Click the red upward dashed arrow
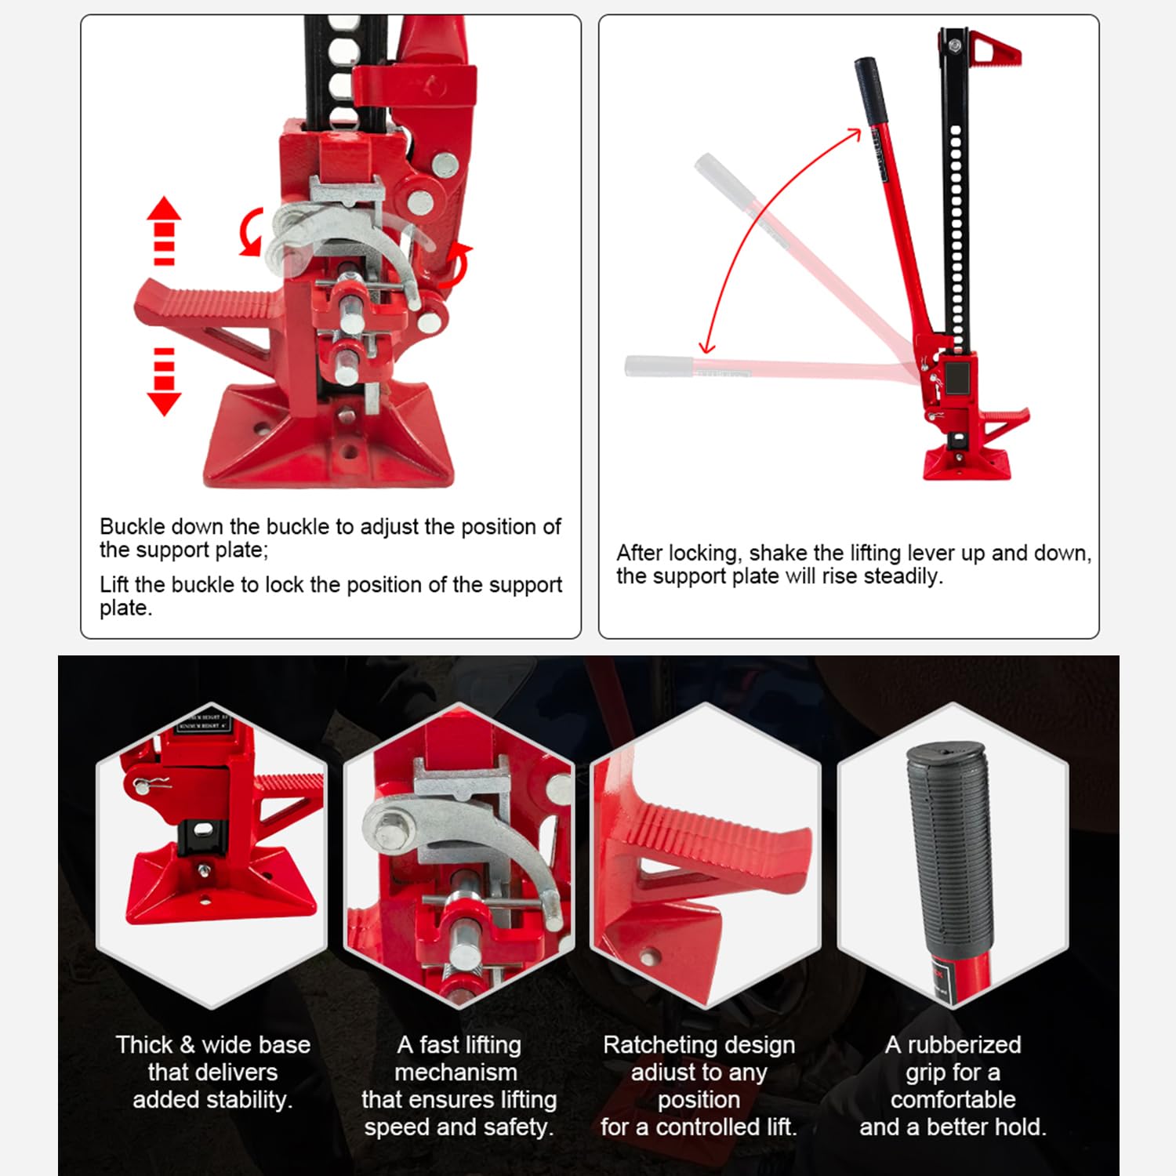pos(164,230)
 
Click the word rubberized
pos(964,1045)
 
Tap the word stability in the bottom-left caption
pos(251,1100)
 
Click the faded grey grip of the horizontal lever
pos(659,366)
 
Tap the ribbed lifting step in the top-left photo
pos(212,302)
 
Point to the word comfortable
pos(953,1100)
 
